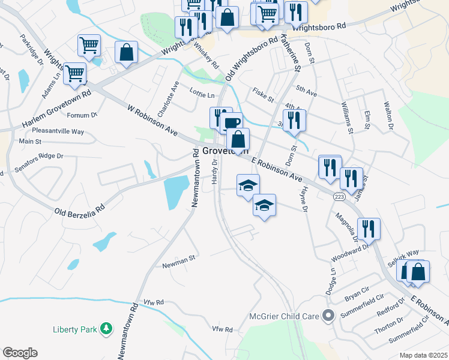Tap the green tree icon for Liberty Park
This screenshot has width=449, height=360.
pyautogui.click(x=106, y=328)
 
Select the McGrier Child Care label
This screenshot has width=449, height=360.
pyautogui.click(x=285, y=316)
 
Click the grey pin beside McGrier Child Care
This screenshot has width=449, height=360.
pyautogui.click(x=328, y=315)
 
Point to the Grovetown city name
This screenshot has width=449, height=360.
pyautogui.click(x=224, y=151)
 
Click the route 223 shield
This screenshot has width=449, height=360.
pyautogui.click(x=339, y=196)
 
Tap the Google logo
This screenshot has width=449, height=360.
pyautogui.click(x=20, y=353)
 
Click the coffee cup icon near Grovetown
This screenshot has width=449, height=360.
pyautogui.click(x=232, y=124)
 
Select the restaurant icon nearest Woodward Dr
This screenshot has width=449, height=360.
pyautogui.click(x=369, y=229)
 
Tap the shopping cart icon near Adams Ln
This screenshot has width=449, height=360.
pyautogui.click(x=75, y=74)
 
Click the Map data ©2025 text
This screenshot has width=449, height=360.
pyautogui.click(x=423, y=355)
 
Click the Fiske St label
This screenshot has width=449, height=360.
pyautogui.click(x=263, y=95)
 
